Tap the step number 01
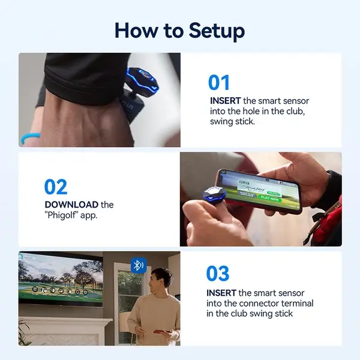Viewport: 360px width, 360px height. coord(220,82)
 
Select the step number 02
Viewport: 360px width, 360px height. coord(56,187)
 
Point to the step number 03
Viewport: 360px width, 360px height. coord(218,273)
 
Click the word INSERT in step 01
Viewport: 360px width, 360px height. coord(226,100)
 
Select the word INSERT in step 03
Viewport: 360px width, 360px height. coord(221,293)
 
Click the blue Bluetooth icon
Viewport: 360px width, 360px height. coord(139,265)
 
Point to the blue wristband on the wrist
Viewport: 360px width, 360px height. coord(30,138)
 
